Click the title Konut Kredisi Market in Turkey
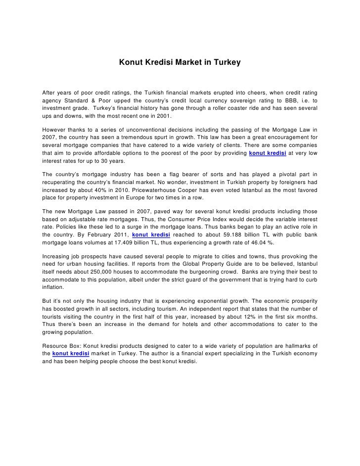click(x=180, y=63)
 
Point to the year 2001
click(x=161, y=116)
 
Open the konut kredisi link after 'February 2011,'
click(x=151, y=235)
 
